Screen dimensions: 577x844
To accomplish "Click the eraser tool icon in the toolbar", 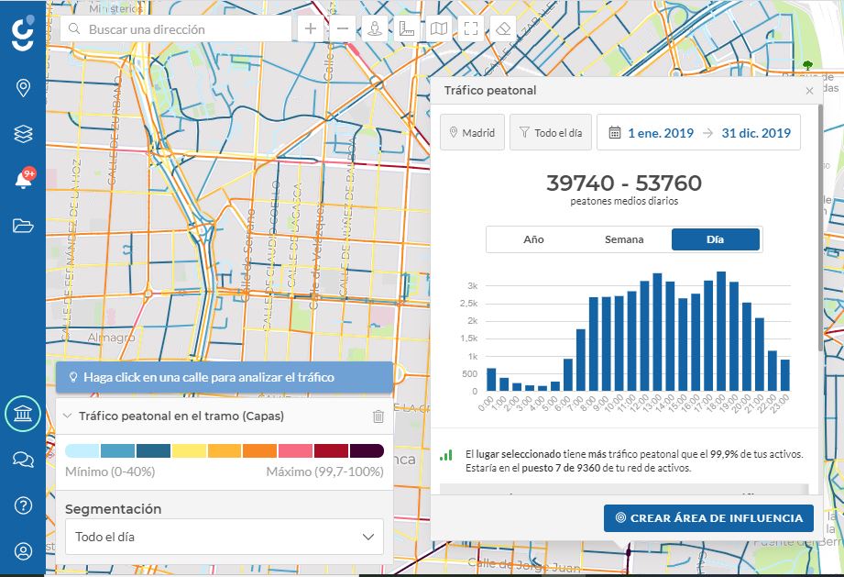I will [x=502, y=28].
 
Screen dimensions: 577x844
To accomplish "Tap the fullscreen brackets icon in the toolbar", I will [x=471, y=28].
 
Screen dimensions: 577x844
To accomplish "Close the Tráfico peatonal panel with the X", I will [x=809, y=91].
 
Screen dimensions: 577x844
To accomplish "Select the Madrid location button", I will [x=472, y=133].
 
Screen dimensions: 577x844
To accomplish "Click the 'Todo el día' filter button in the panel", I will [x=551, y=133].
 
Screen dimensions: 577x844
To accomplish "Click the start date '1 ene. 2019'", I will [x=660, y=133].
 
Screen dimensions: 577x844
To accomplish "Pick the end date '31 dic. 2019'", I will [x=755, y=133].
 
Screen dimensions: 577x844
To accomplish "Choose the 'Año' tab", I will [x=533, y=239].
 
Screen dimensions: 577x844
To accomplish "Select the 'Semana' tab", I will [x=624, y=239].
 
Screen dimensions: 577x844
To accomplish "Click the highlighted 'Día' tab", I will [x=715, y=239].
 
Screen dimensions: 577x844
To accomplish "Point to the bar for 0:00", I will [x=491, y=380].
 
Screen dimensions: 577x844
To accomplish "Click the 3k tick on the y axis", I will [x=473, y=286].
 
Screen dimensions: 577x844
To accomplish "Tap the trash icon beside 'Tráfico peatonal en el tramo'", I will [x=378, y=416].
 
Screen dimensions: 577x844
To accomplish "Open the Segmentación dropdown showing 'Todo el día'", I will [x=225, y=537].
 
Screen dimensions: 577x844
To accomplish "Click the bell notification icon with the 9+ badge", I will [x=23, y=180].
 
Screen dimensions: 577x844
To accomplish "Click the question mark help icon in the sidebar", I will [x=23, y=505].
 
